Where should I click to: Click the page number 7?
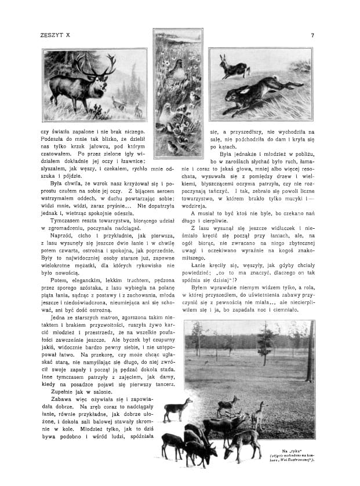(x=312, y=35)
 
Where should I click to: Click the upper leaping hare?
(x=233, y=69)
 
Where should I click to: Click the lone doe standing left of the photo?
(x=176, y=408)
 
